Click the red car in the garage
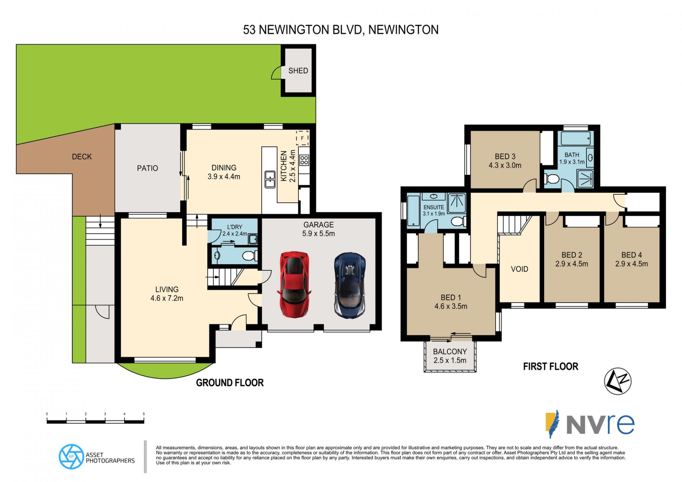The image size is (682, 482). [x=294, y=284]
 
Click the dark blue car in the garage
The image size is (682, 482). [x=350, y=285]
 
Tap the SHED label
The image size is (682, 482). [x=298, y=71]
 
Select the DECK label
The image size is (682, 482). [x=82, y=157]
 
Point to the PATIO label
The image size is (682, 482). [x=147, y=168]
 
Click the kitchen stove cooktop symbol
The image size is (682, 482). [x=304, y=160]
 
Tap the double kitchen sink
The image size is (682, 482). [x=270, y=179]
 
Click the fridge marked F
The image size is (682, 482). [x=302, y=138]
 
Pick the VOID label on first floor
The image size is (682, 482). [x=519, y=269]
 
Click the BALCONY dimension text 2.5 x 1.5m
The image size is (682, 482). [x=450, y=361]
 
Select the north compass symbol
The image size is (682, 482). [x=618, y=381]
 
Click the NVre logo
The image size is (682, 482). [x=590, y=424]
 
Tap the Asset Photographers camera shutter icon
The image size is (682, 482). [x=71, y=456]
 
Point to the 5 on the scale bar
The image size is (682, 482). [x=144, y=414]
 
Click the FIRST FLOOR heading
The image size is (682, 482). [x=551, y=367]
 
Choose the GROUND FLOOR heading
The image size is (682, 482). [x=230, y=383]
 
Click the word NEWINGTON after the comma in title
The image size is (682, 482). [x=403, y=30]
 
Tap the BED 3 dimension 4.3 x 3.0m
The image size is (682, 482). [x=505, y=166]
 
